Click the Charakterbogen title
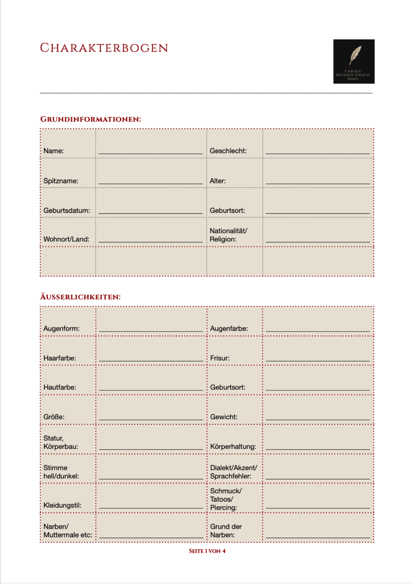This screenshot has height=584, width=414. pos(104,48)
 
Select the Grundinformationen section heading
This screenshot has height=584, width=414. pos(90,119)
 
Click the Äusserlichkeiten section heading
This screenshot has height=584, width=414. pos(80,297)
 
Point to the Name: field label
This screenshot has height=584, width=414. pos(54,151)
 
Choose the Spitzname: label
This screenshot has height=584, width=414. pos(61,181)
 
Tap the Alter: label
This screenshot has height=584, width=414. pos(217,181)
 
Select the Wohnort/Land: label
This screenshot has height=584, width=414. pos(66,239)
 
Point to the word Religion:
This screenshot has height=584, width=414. pos(223,239)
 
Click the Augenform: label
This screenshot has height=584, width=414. pos(61,328)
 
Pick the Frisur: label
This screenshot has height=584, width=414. pos(219,358)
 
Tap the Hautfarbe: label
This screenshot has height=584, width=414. pos(60,387)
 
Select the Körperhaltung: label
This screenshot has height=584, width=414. pos(233,446)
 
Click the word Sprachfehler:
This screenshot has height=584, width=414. pos(231,476)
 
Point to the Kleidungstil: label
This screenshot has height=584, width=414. pos(62,505)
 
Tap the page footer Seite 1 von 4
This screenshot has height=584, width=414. pos(207,551)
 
